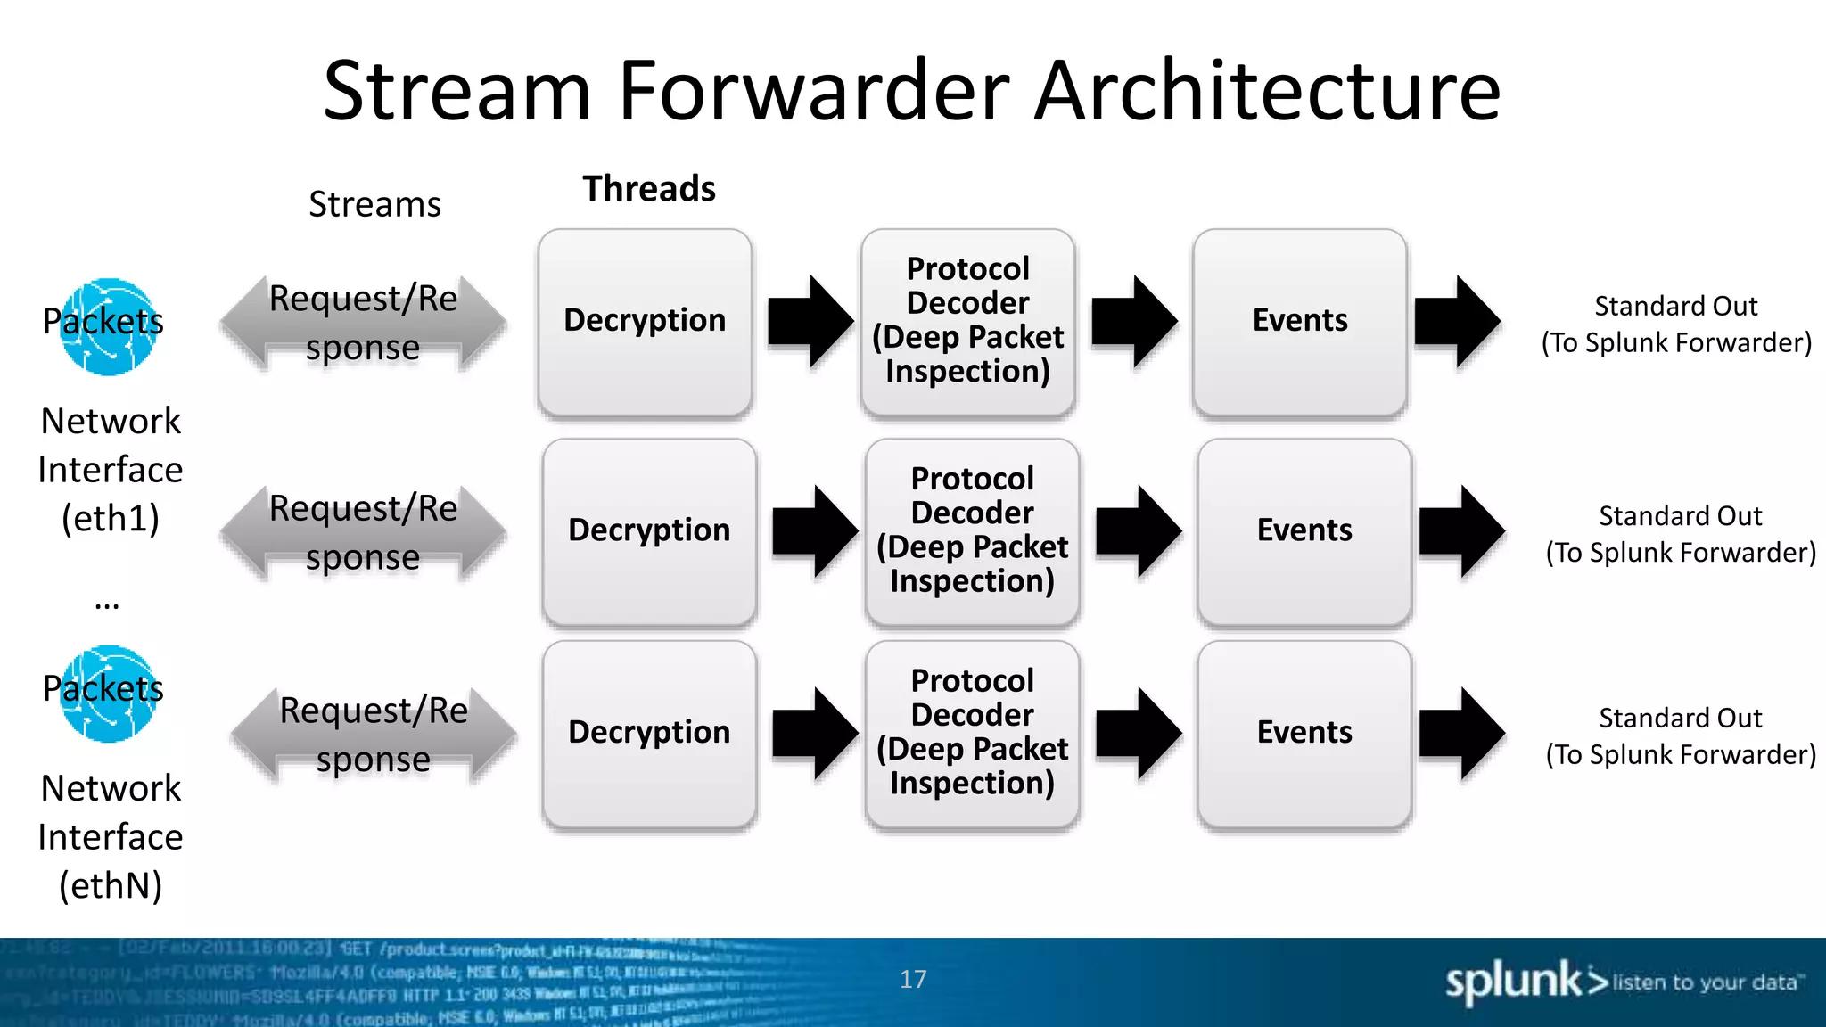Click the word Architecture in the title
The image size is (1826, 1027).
1267,91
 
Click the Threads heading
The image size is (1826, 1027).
649,189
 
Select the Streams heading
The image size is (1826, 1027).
374,205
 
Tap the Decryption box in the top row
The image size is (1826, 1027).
645,322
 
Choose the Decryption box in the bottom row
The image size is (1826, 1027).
649,734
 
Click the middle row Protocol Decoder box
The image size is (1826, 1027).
972,531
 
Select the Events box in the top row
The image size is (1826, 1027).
1300,322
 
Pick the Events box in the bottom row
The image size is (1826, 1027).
1304,734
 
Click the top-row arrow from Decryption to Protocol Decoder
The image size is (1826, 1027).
810,321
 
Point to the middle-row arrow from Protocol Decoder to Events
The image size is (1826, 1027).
1138,531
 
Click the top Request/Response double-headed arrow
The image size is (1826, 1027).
363,324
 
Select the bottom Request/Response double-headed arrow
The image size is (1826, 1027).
374,735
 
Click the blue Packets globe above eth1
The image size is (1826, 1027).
109,327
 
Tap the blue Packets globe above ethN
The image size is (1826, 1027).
109,694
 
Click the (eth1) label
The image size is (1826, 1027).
111,519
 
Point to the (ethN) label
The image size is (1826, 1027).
111,886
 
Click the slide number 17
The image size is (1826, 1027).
913,980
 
